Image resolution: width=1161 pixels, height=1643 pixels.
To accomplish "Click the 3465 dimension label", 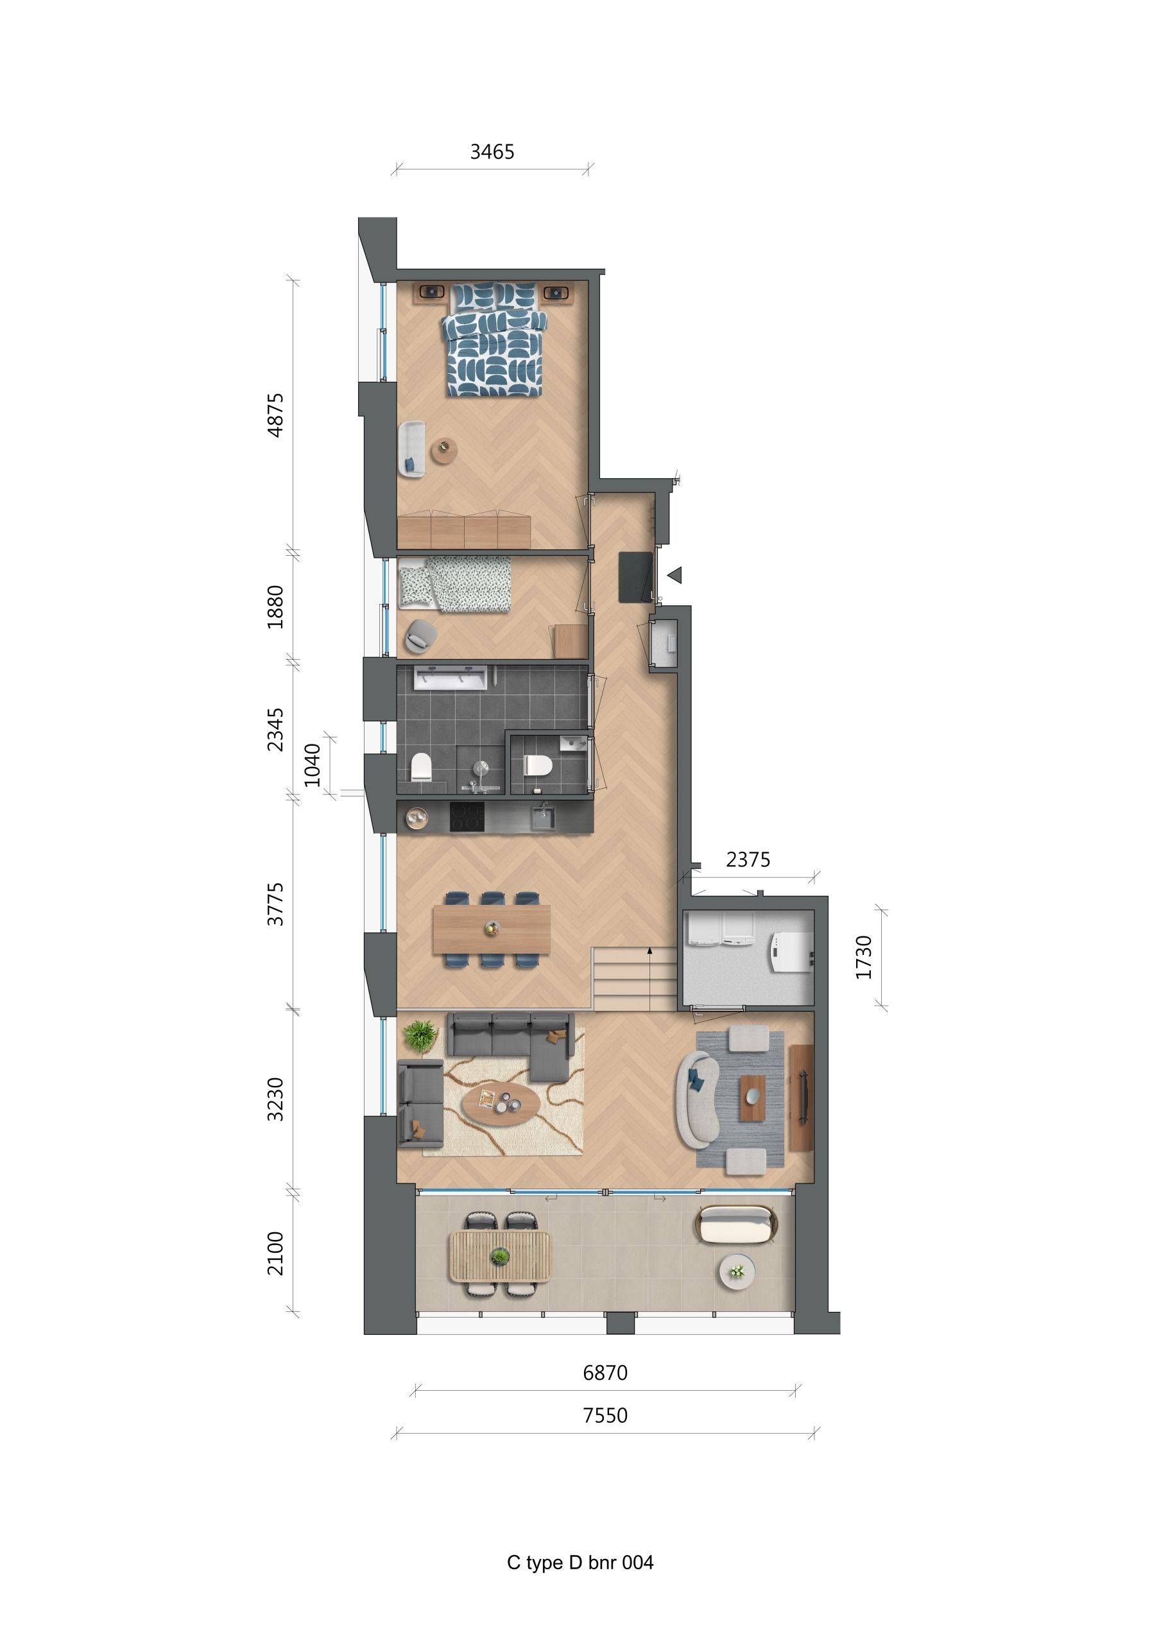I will pos(492,151).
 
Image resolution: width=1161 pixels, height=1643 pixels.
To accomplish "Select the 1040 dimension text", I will pos(313,764).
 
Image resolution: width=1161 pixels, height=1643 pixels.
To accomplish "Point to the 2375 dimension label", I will pos(748,859).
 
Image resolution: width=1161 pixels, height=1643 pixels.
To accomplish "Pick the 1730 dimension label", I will pos(864,957).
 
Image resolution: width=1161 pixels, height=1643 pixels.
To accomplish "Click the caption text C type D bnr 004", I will pos(580,1562).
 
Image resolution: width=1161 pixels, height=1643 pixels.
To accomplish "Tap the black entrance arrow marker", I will pos(675,574).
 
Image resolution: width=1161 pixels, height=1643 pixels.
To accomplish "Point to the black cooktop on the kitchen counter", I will pos(467,816).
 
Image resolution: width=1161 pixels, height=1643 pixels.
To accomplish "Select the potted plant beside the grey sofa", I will pos(420,1035).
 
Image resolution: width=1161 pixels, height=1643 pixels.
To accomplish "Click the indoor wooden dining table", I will pos(491,929).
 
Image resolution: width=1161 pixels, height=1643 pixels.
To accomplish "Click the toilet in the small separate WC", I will pos(536,766).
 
